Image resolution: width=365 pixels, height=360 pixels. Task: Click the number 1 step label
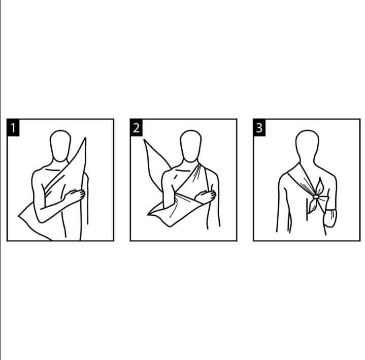pyautogui.click(x=13, y=127)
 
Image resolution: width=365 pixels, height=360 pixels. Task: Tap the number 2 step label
pyautogui.click(x=136, y=127)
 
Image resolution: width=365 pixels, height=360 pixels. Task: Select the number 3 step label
pyautogui.click(x=259, y=127)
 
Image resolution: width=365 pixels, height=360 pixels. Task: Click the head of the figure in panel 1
pyautogui.click(x=60, y=146)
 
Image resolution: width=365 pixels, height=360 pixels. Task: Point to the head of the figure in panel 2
pyautogui.click(x=191, y=146)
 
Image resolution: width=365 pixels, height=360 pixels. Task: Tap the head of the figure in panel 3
pyautogui.click(x=307, y=145)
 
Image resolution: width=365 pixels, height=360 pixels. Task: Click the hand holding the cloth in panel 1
pyautogui.click(x=75, y=195)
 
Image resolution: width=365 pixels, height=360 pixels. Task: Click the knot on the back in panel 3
pyautogui.click(x=316, y=197)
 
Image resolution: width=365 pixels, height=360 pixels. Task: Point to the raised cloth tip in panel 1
pyautogui.click(x=85, y=138)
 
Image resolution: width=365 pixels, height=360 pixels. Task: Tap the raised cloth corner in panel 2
pyautogui.click(x=144, y=140)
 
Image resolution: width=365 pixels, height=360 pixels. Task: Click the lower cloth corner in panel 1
pyautogui.click(x=19, y=216)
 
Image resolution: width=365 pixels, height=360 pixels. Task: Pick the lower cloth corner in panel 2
pyautogui.click(x=148, y=214)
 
